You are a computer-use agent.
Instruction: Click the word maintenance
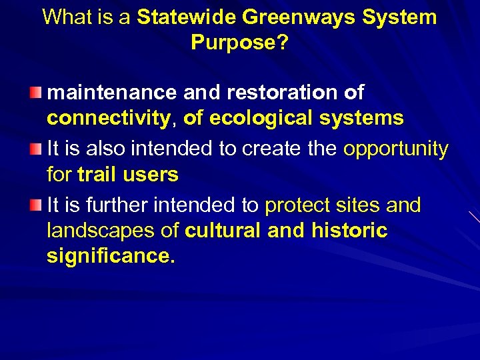tap(109, 93)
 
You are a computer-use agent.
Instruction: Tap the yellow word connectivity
tap(108, 118)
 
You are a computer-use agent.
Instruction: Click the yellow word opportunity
tap(395, 149)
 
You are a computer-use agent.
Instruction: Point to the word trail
tap(95, 175)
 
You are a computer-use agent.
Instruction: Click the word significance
tap(110, 256)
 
